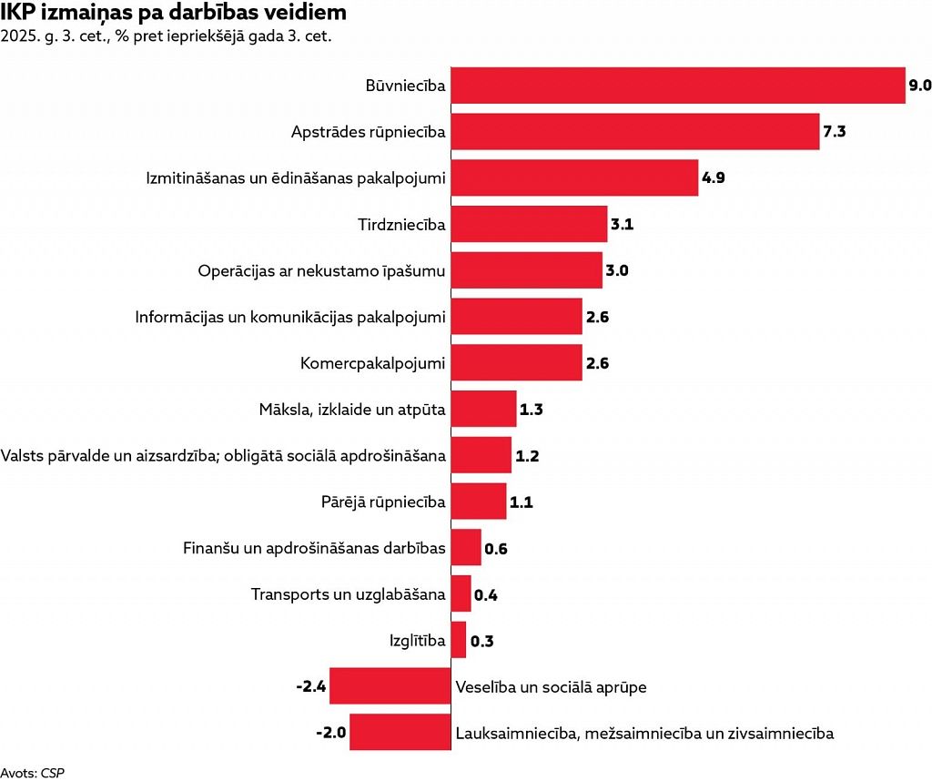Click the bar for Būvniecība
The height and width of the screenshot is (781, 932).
tap(678, 86)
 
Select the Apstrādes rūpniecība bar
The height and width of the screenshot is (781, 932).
tap(635, 132)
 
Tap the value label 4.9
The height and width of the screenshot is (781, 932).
tap(713, 177)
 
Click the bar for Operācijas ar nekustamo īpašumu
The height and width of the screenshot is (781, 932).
tap(527, 270)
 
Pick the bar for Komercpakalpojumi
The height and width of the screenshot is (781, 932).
tap(516, 363)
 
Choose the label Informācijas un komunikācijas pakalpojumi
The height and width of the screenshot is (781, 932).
tap(290, 317)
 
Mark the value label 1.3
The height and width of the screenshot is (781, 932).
tap(531, 410)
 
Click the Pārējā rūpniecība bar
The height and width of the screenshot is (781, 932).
tap(479, 502)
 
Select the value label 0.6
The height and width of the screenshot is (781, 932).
tap(496, 548)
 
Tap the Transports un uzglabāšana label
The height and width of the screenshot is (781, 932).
tap(349, 594)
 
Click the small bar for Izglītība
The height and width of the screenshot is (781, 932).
tap(459, 640)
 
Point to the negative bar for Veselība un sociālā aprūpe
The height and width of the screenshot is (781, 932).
tap(390, 686)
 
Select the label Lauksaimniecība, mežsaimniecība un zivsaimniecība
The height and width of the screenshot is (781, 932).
tap(644, 733)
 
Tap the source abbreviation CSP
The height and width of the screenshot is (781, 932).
tap(53, 773)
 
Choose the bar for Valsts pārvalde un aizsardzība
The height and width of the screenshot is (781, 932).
tap(481, 455)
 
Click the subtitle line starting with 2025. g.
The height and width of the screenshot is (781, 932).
tap(166, 37)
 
